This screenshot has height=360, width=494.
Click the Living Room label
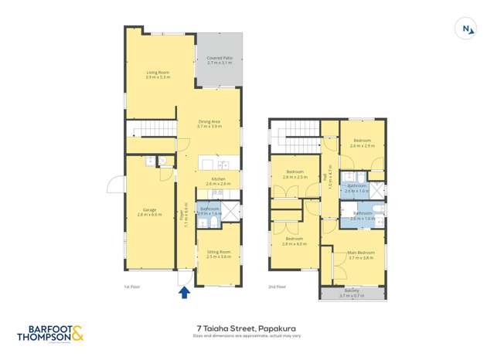pos(158,74)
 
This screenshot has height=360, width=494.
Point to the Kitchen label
pos(220,182)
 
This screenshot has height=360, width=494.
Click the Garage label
pos(152,212)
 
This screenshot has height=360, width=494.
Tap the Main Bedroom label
pos(361,255)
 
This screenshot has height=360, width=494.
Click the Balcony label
pos(352,293)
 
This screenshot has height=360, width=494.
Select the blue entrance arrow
pos(184,291)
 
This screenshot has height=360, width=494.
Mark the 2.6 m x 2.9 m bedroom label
pos(361,144)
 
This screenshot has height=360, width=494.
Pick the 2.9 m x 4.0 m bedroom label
pos(295,242)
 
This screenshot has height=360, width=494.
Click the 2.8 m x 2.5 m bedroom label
pos(295,175)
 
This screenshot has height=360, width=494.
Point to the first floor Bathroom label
pos(210,210)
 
